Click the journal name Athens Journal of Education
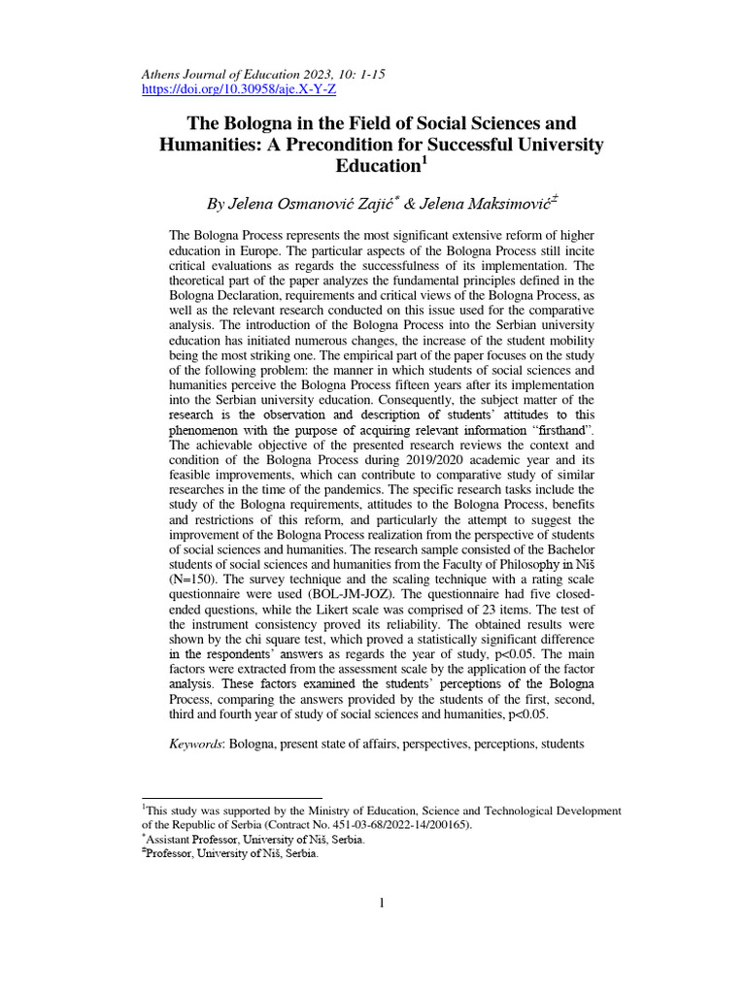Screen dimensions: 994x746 [225, 73]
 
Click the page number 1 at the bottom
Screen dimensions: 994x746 [382, 905]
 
